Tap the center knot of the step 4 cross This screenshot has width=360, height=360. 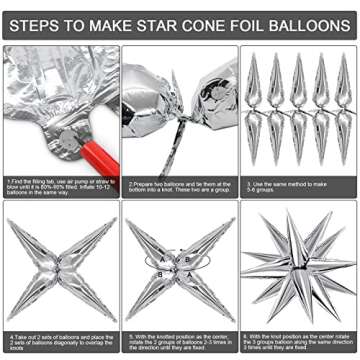59,268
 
